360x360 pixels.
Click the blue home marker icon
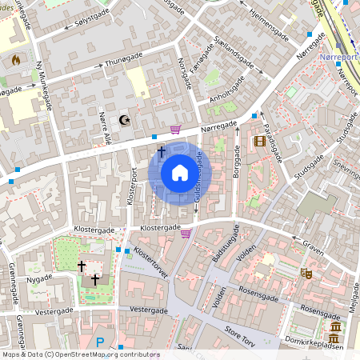[180, 173]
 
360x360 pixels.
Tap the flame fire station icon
[15, 59]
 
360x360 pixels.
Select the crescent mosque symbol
[124, 120]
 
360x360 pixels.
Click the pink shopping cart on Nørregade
[175, 130]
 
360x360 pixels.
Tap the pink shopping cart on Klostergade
[186, 234]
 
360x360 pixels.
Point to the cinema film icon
[259, 142]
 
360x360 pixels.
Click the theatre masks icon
[305, 273]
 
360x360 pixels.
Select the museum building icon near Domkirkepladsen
[334, 330]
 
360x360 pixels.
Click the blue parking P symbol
[100, 342]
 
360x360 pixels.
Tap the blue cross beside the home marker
[161, 151]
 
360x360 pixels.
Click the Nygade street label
[38, 278]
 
